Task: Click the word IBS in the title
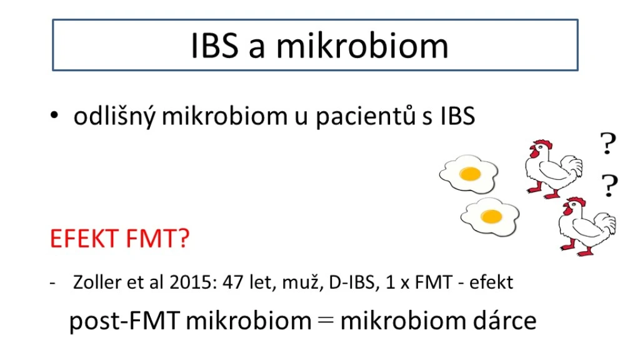click(215, 45)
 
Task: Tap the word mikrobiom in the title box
click(362, 45)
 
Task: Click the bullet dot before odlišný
click(54, 116)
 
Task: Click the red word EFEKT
click(84, 238)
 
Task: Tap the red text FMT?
click(157, 238)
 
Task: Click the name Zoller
click(97, 282)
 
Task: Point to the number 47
click(233, 282)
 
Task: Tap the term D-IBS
click(352, 282)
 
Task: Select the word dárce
click(504, 321)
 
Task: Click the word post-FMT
click(124, 321)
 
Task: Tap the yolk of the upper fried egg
click(470, 174)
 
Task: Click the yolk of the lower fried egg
click(491, 216)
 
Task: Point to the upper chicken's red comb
click(542, 144)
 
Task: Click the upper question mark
click(608, 144)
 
